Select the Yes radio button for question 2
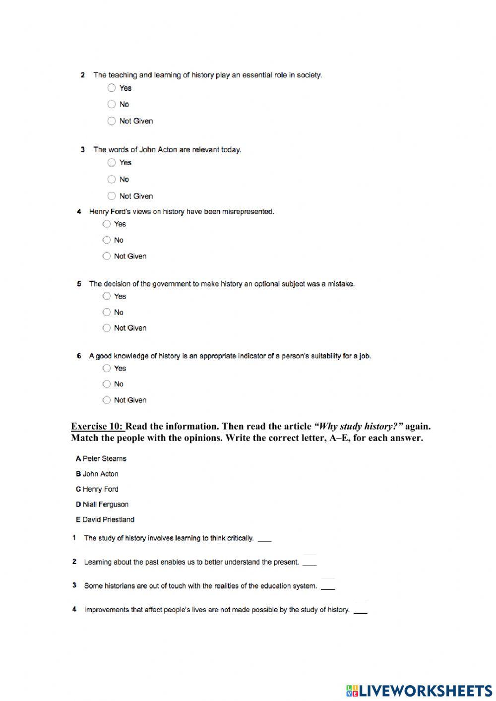coord(112,88)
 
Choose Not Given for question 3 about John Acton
coord(112,196)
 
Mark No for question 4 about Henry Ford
coord(107,240)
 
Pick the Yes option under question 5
coord(107,296)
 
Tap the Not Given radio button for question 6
coord(107,400)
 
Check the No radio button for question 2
coord(112,104)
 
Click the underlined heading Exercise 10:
coord(97,426)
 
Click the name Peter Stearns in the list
coord(104,458)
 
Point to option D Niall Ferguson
coord(102,505)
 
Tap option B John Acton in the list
coord(97,474)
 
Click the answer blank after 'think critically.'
coord(265,539)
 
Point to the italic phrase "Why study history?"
coord(359,426)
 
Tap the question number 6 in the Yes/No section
coord(79,356)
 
